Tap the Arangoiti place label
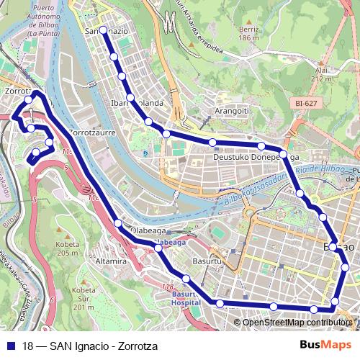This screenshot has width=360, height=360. pos(231,111)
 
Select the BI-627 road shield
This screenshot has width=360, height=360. pos(307,104)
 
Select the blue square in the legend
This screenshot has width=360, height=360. pos(11,345)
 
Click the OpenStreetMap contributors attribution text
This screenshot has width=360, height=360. pos(297,323)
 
